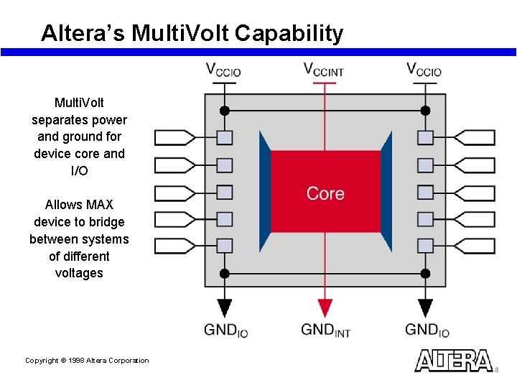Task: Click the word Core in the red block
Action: click(325, 193)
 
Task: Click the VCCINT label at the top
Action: click(324, 70)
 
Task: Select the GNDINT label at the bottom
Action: click(325, 330)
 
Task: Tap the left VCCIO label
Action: click(223, 70)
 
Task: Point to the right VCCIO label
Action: click(424, 70)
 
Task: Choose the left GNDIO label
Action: click(226, 330)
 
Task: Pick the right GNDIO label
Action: click(427, 330)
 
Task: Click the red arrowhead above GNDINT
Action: click(325, 308)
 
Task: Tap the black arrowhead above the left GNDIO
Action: click(225, 308)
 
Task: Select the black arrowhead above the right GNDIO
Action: click(426, 308)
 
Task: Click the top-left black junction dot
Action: click(225, 111)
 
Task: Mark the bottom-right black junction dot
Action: click(425, 273)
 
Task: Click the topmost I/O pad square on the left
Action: click(225, 137)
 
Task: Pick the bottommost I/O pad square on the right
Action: click(426, 246)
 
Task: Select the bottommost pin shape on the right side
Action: click(475, 246)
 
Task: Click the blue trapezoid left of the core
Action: click(265, 192)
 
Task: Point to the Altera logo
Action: click(454, 360)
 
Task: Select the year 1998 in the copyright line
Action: click(76, 361)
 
